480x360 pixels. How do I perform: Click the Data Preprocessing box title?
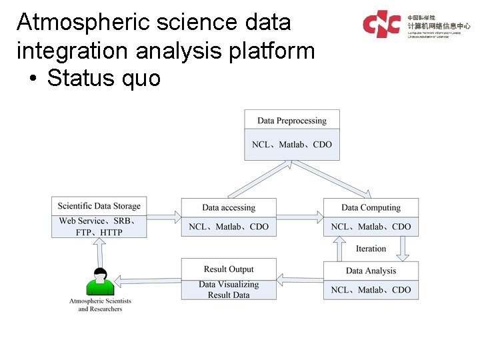click(291, 121)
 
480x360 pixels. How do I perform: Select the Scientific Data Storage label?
click(99, 206)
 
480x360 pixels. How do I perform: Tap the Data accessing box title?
click(229, 207)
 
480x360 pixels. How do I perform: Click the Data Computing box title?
click(371, 207)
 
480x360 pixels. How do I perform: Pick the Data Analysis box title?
click(371, 271)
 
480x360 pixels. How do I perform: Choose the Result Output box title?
click(229, 269)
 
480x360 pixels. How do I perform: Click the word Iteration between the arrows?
click(371, 249)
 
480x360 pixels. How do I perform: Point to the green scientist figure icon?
click(100, 282)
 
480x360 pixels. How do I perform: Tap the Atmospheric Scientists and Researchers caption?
click(100, 305)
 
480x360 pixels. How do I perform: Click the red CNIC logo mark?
click(381, 23)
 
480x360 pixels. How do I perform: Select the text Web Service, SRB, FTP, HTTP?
click(99, 227)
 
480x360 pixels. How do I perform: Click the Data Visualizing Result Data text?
click(229, 289)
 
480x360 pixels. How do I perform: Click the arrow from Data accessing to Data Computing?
click(299, 216)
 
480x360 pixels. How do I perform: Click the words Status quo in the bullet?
click(103, 78)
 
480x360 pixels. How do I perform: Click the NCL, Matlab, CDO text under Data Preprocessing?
click(291, 145)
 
